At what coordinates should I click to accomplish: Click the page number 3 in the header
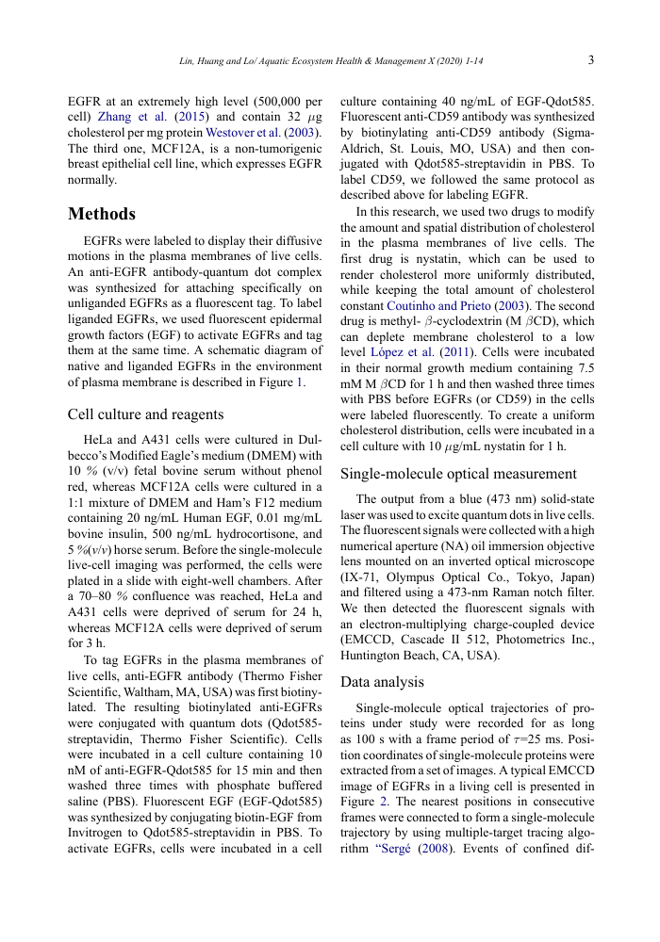tap(590, 60)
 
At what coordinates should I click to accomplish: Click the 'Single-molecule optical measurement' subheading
tap(458, 474)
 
